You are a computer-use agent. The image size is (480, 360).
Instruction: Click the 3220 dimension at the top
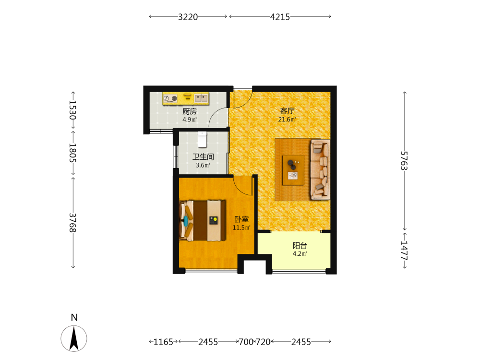click(188, 17)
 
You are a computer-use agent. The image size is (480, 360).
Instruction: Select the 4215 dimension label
click(280, 17)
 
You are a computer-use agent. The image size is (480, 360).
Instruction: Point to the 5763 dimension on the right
click(404, 160)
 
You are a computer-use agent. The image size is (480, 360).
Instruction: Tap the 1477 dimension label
click(404, 251)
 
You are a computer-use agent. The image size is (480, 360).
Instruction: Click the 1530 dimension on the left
click(72, 110)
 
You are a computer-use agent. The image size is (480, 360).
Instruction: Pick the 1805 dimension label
click(72, 153)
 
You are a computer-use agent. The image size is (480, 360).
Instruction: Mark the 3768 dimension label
click(72, 223)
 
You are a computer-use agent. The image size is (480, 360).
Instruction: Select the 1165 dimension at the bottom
click(163, 342)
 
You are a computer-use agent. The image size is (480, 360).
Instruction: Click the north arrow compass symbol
click(74, 338)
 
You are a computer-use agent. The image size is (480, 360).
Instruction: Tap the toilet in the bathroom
click(203, 139)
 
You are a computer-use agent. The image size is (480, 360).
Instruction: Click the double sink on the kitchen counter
click(201, 98)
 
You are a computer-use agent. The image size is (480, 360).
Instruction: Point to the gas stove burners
click(170, 98)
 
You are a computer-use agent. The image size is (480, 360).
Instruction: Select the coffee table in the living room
click(293, 170)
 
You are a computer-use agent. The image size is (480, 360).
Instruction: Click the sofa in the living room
click(320, 169)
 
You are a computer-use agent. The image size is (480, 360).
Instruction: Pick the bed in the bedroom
click(203, 220)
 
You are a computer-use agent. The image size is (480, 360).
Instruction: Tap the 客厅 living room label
click(287, 111)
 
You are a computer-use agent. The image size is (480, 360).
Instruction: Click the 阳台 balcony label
click(300, 245)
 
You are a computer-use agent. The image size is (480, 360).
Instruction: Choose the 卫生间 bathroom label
click(203, 157)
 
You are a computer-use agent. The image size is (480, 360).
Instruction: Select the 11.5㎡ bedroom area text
click(241, 228)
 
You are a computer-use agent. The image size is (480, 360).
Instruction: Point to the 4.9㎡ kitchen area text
click(190, 120)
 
